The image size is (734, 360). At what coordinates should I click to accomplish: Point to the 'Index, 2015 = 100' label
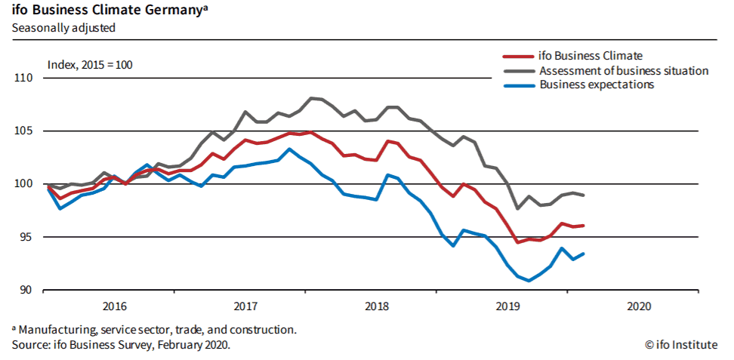tap(90, 65)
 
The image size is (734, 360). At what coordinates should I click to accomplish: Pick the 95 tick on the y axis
tap(26, 237)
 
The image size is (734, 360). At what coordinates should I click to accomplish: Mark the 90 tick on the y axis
tap(26, 290)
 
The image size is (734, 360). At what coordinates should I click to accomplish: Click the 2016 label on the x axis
tap(113, 307)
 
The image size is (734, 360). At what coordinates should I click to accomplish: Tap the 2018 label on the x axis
tap(376, 307)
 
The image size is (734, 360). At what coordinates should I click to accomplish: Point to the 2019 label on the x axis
tap(507, 307)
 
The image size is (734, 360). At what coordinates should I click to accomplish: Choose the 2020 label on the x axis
tap(639, 307)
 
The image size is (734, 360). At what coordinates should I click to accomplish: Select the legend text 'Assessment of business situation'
tap(624, 71)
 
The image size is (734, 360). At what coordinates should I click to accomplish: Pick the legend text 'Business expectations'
tap(597, 85)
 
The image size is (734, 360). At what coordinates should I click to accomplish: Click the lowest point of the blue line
tap(529, 280)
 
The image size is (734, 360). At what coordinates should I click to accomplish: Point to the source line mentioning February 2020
tap(121, 344)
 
